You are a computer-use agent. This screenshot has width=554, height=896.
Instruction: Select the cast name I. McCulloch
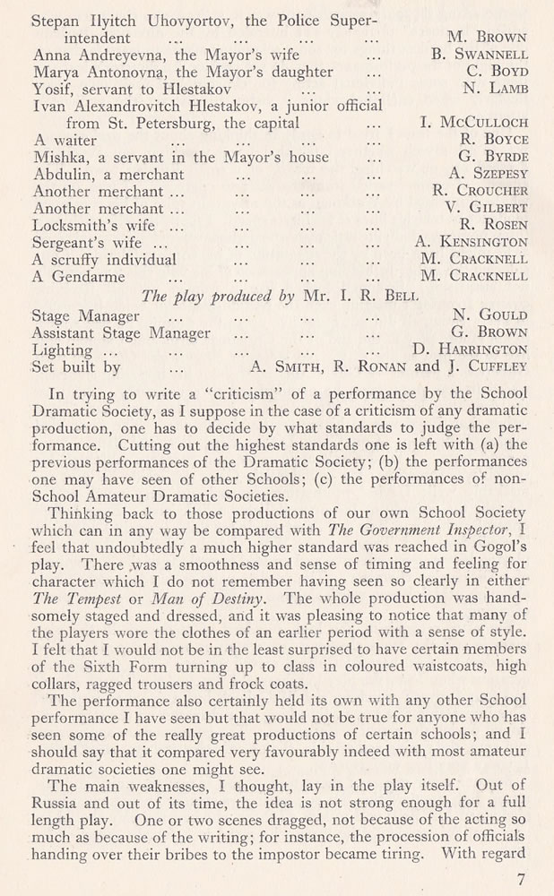click(474, 123)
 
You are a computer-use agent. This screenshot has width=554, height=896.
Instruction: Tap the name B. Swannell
click(479, 55)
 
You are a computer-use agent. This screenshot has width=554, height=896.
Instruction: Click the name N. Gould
click(491, 315)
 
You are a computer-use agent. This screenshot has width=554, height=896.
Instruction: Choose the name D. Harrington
click(471, 349)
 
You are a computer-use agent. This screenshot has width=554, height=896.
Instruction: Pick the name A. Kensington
click(472, 242)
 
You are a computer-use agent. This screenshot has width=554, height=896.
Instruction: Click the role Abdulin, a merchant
click(108, 174)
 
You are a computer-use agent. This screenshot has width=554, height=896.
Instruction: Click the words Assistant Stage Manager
click(121, 332)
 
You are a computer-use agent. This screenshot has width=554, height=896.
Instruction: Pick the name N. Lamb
click(496, 89)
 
